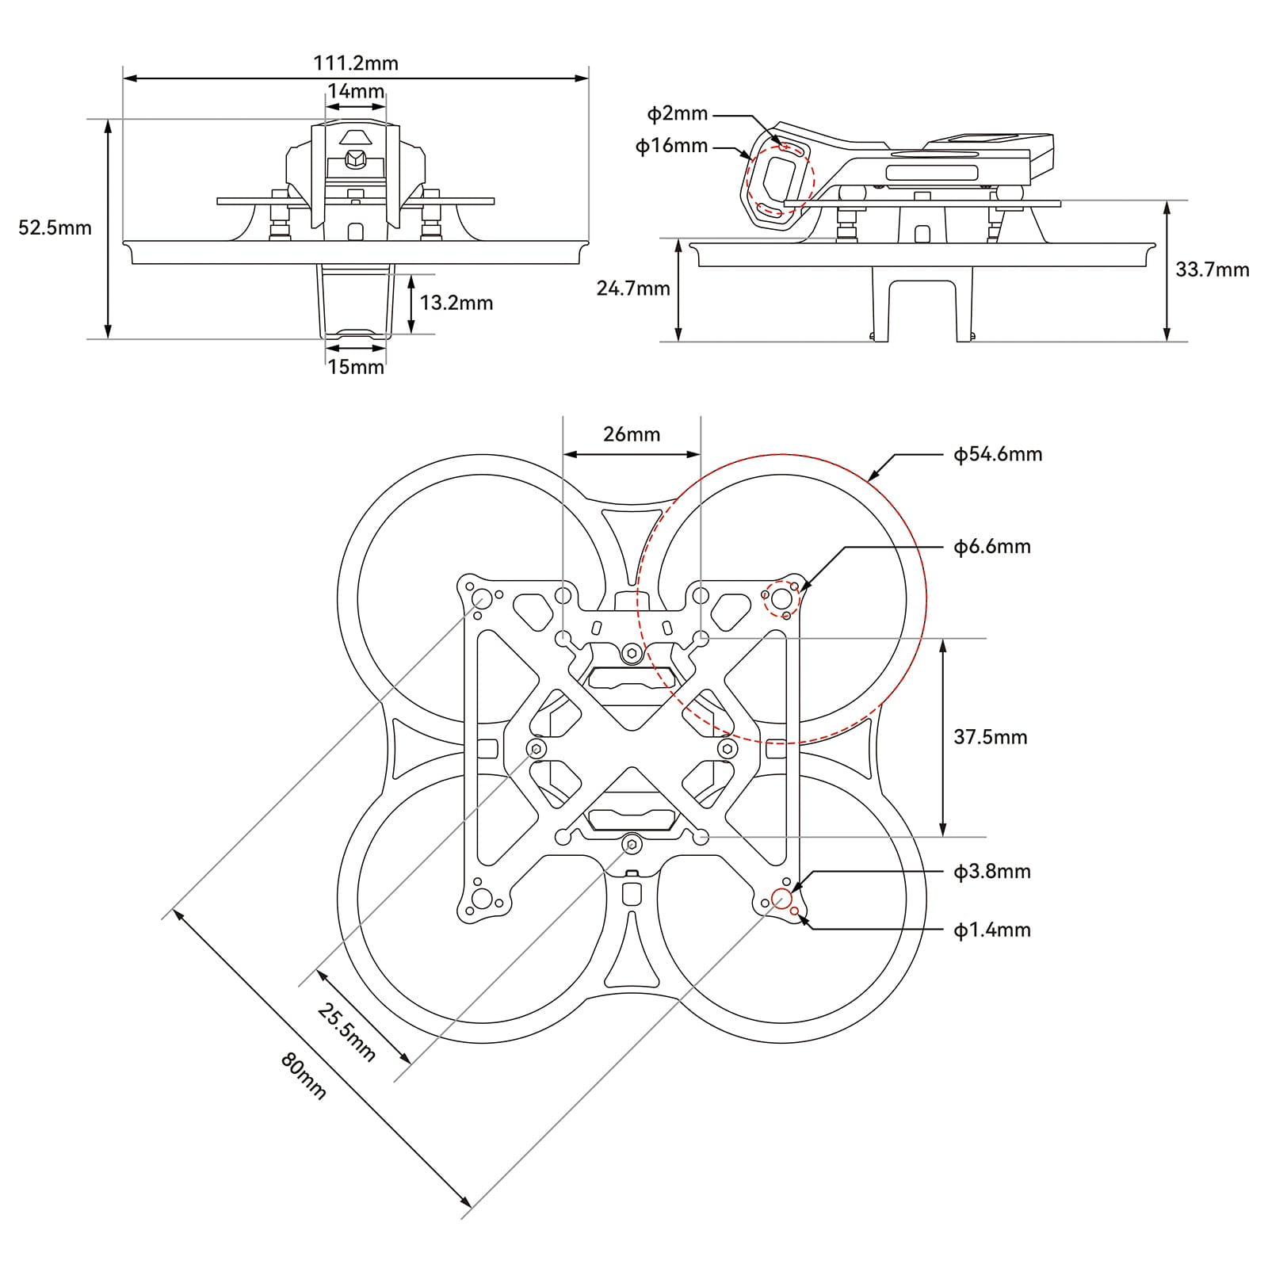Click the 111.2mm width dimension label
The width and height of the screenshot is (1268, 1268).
(x=356, y=63)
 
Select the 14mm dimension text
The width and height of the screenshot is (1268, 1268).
(x=356, y=90)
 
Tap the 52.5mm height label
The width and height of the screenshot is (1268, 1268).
(x=55, y=228)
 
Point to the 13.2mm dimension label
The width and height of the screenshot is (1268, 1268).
(x=456, y=303)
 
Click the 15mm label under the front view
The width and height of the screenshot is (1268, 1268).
(x=356, y=367)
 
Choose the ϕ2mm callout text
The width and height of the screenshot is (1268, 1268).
(x=677, y=113)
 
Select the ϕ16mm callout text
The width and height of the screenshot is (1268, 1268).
(x=671, y=146)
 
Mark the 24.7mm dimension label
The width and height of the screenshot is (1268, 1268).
(x=633, y=288)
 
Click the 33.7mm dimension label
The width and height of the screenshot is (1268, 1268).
(x=1212, y=269)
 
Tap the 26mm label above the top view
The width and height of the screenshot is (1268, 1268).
(x=632, y=434)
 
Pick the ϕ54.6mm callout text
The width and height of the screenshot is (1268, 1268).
(x=997, y=454)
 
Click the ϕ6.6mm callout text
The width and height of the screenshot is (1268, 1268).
(x=991, y=547)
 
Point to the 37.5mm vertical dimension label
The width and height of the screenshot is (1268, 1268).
(x=990, y=737)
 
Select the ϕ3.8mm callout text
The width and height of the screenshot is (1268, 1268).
(x=991, y=872)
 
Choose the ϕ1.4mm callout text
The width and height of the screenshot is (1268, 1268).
(x=991, y=930)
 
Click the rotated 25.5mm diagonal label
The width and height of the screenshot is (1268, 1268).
(x=346, y=1032)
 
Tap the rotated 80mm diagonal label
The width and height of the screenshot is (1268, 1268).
(x=304, y=1076)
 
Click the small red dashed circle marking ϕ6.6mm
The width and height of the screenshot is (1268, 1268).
(x=781, y=598)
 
